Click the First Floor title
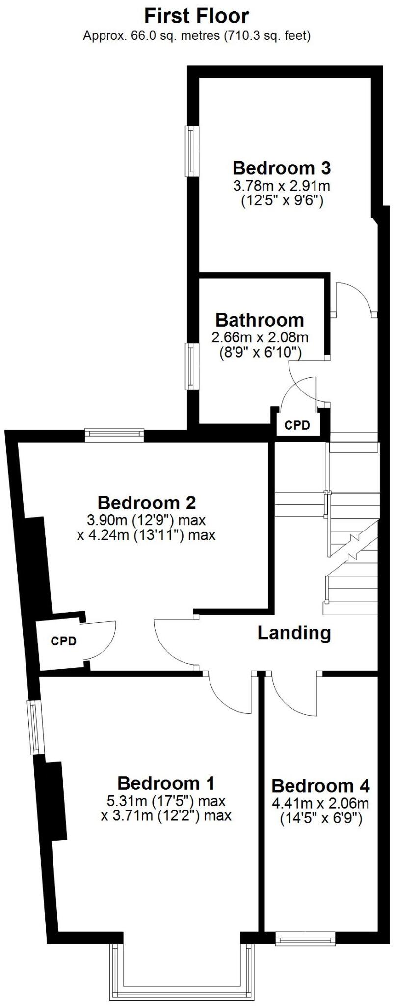click(x=197, y=16)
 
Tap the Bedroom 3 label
click(x=281, y=168)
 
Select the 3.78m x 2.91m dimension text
click(x=281, y=186)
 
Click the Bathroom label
click(x=260, y=320)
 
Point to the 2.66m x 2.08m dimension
click(x=260, y=337)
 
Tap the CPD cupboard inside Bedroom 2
click(x=64, y=641)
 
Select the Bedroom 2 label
click(x=146, y=503)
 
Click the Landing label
click(x=294, y=633)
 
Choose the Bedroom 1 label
click(x=166, y=782)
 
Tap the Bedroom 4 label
click(x=320, y=786)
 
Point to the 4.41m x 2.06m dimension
click(x=320, y=804)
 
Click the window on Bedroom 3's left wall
click(x=190, y=151)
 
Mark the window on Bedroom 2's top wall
click(x=114, y=434)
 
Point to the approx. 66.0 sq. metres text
click(x=197, y=36)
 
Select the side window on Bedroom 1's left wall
click(x=35, y=727)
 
